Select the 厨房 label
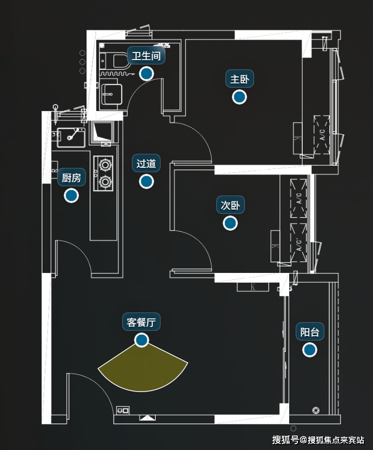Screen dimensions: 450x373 pos(71,178)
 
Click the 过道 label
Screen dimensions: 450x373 pos(146,164)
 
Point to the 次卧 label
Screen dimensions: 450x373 pos(230,205)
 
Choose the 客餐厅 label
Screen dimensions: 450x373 pos(142,323)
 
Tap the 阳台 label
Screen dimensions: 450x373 pos(310,332)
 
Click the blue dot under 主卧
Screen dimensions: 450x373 pos(239,97)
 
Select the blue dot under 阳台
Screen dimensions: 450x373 pos(310,350)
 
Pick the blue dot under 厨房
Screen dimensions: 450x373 pos(71,195)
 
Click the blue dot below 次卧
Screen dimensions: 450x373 pos(230,223)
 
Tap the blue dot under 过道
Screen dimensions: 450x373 pos(146,181)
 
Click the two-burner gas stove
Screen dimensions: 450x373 pos(104,173)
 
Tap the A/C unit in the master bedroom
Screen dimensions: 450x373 pos(322,134)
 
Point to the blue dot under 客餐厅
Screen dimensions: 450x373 pos(142,340)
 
